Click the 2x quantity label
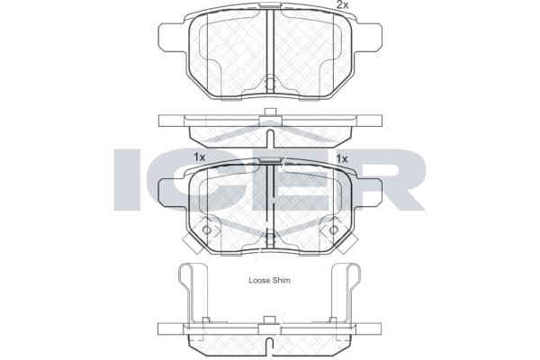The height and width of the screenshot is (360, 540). coord(342,4)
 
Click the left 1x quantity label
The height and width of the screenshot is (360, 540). coord(199,157)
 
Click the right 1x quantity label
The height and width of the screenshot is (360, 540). coord(342,158)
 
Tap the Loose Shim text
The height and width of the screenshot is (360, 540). coord(269,281)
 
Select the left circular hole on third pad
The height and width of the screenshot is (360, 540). coord(206,229)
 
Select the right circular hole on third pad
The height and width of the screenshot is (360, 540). coord(333,229)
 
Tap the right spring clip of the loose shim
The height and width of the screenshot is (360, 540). coord(346,292)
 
